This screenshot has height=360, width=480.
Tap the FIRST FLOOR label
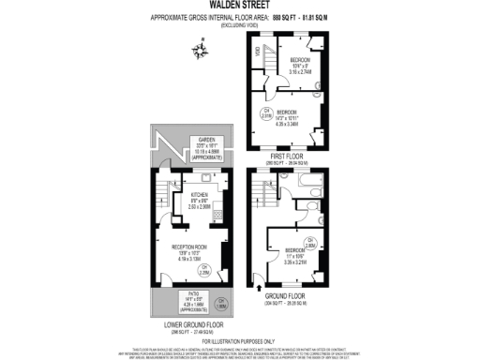pos(288,156)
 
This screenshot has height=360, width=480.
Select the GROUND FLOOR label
pos(288,300)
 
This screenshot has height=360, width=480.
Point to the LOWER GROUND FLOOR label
pos(192,325)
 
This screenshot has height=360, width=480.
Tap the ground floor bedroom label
pos(297,249)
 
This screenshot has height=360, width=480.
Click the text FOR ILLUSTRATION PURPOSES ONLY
pos(239,338)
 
